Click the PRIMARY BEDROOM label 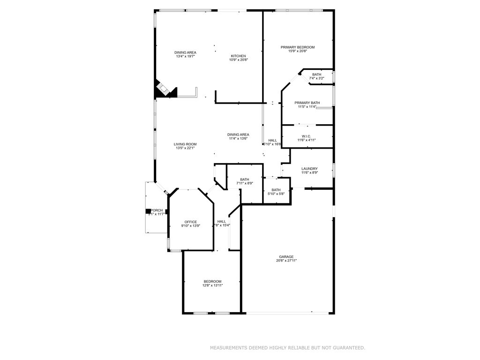pyautogui.click(x=297, y=47)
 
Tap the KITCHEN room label pyautogui.click(x=238, y=56)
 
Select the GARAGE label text pyautogui.click(x=286, y=256)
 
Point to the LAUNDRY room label pyautogui.click(x=309, y=169)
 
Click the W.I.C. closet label pyautogui.click(x=307, y=136)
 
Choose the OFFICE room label pyautogui.click(x=190, y=222)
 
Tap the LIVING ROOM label pyautogui.click(x=185, y=144)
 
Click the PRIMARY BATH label pyautogui.click(x=307, y=103)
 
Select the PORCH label pyautogui.click(x=157, y=210)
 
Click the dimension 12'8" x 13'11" pyautogui.click(x=212, y=285)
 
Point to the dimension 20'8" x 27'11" pyautogui.click(x=286, y=261)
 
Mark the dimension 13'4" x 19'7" pyautogui.click(x=185, y=56)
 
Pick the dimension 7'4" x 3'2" pyautogui.click(x=317, y=78)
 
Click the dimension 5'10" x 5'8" pyautogui.click(x=276, y=194)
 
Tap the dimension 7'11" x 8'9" pyautogui.click(x=245, y=183)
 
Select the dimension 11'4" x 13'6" pyautogui.click(x=238, y=138)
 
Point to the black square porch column pyautogui.click(x=148, y=211)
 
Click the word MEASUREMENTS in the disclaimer pyautogui.click(x=229, y=348)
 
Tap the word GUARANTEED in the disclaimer pyautogui.click(x=347, y=348)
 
